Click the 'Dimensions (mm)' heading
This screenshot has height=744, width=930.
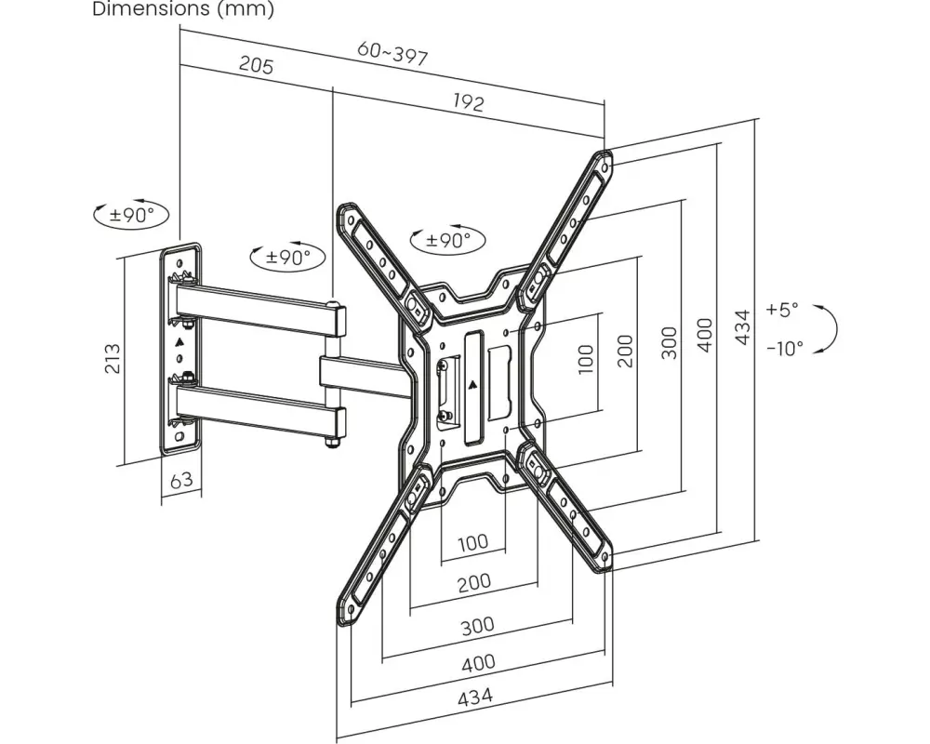pyautogui.click(x=182, y=9)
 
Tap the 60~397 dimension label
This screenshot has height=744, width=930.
pyautogui.click(x=392, y=54)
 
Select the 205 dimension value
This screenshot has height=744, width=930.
pyautogui.click(x=257, y=64)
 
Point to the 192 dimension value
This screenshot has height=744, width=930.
pyautogui.click(x=469, y=101)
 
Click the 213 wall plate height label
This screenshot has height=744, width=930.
pyautogui.click(x=113, y=358)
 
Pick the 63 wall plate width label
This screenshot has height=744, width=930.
pyautogui.click(x=181, y=479)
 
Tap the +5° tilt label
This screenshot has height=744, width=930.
pyautogui.click(x=783, y=309)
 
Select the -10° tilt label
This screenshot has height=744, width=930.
pyautogui.click(x=785, y=348)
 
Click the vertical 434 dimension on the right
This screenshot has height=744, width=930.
pyautogui.click(x=742, y=327)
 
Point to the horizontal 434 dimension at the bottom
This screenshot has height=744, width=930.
pyautogui.click(x=475, y=697)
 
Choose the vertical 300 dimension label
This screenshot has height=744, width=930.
pyautogui.click(x=669, y=342)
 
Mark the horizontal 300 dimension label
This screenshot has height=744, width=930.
pyautogui.click(x=477, y=625)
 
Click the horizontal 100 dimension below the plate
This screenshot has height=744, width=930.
pyautogui.click(x=473, y=542)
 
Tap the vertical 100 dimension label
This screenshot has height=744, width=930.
pyautogui.click(x=585, y=359)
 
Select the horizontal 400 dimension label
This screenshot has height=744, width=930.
pyautogui.click(x=479, y=662)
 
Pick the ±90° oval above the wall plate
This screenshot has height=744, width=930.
pyautogui.click(x=131, y=214)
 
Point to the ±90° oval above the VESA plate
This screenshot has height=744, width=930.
pyautogui.click(x=448, y=240)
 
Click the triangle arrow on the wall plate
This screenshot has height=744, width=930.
pyautogui.click(x=180, y=342)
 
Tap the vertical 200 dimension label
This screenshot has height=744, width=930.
pyautogui.click(x=626, y=352)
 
